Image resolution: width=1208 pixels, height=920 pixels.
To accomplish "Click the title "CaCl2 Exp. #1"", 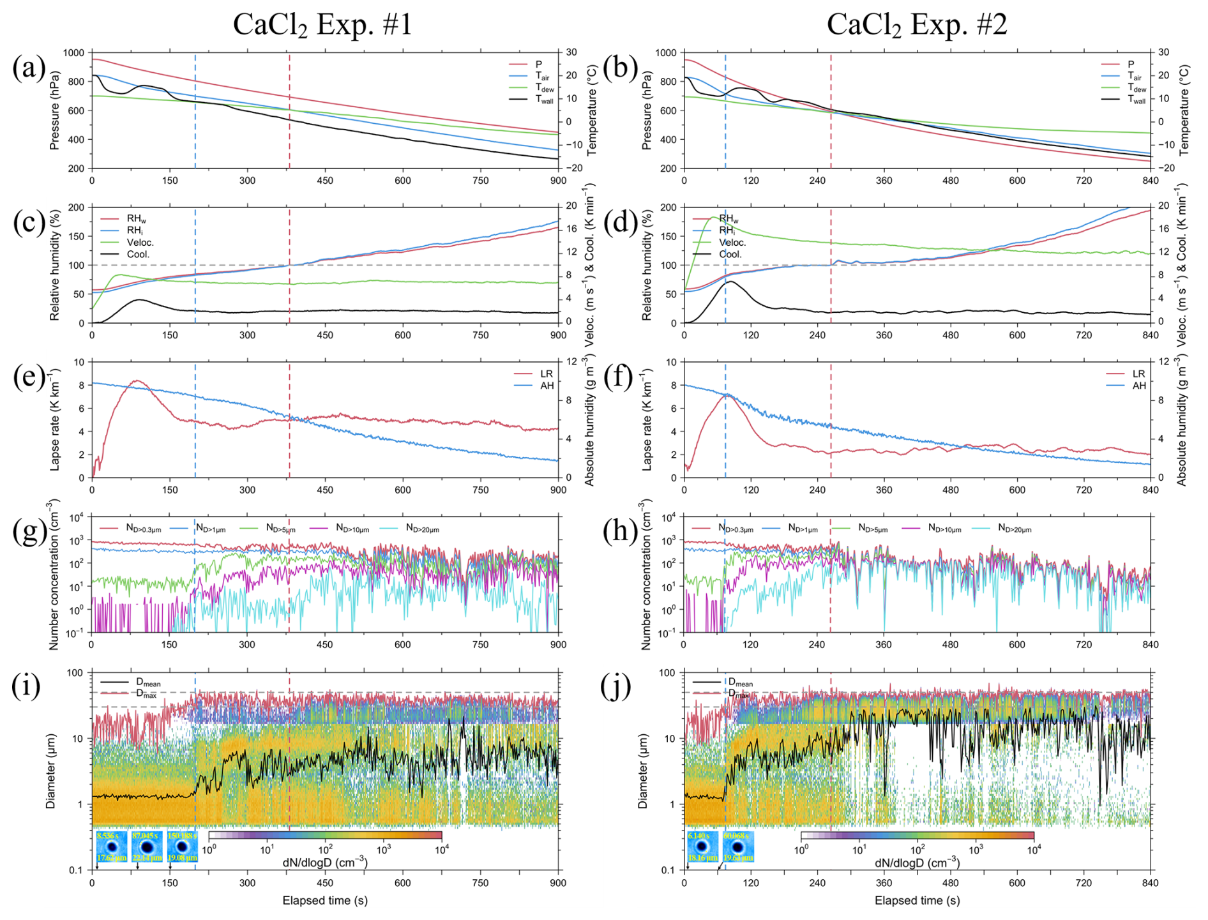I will pos(322,26).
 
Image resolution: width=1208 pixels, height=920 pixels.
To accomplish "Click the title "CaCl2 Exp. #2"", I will pos(916,26).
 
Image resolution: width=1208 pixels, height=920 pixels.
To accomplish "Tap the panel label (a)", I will pos(29,68).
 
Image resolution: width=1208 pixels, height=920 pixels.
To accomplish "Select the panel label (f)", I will pos(620,377).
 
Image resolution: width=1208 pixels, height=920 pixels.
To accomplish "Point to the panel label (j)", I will pos(617,686).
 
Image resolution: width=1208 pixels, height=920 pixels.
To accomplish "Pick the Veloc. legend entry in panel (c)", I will pos(140,243).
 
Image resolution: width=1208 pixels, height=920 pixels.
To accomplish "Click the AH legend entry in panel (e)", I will pos(547,386).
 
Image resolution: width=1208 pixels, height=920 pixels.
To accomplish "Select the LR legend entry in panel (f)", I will pos(1139,374).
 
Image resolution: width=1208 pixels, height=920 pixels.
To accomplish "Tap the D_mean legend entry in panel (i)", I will pos(147,683).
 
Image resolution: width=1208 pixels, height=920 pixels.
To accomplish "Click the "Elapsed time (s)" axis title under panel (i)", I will pos(325,901).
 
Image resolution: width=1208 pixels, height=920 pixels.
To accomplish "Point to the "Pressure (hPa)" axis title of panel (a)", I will pos(54,110).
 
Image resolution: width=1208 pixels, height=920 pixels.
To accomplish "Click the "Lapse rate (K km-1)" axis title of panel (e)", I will pos(54,419).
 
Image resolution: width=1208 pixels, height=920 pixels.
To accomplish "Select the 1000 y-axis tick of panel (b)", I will pos(666,53).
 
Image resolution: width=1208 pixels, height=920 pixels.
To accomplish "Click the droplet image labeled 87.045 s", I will pos(147,847).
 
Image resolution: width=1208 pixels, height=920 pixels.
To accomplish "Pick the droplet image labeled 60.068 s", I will pos(738,847).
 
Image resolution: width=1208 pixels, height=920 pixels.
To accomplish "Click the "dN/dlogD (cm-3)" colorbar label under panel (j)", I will pos(917,863).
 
